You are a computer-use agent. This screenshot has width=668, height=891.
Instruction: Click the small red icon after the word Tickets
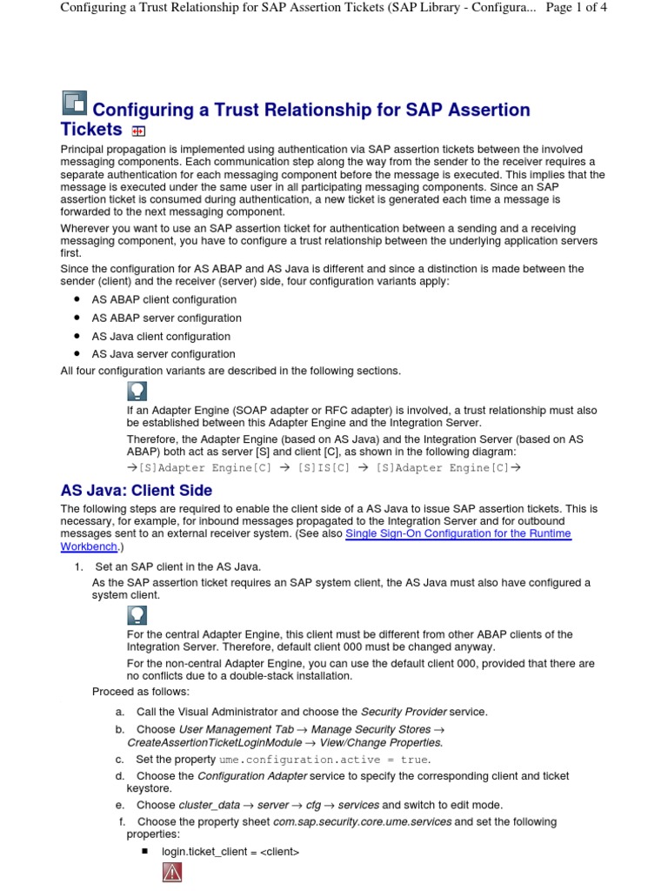(x=137, y=131)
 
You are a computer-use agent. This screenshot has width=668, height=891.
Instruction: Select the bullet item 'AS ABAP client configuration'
(x=164, y=299)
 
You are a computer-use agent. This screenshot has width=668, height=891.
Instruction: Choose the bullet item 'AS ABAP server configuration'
(x=166, y=318)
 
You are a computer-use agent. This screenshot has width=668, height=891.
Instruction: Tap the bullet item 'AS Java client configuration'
(x=161, y=337)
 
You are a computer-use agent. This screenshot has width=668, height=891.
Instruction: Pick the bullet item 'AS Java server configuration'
(x=164, y=354)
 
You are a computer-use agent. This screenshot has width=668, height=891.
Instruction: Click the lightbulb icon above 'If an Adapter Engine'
(x=137, y=391)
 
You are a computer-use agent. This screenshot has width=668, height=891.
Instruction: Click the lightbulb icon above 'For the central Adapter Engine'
(x=137, y=616)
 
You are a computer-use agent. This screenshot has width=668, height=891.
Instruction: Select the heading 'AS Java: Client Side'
(x=136, y=491)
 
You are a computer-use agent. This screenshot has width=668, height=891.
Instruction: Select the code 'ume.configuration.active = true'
(x=324, y=760)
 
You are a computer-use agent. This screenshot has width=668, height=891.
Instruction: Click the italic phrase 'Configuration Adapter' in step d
(x=251, y=775)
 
